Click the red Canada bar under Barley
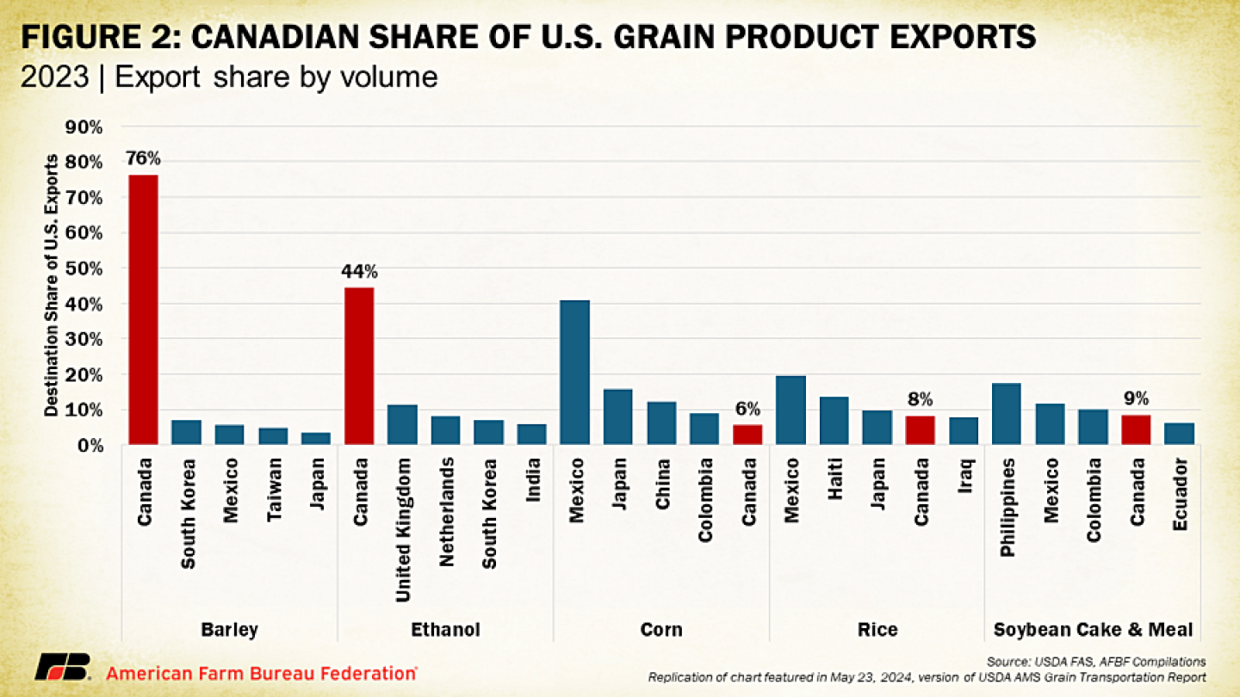pyautogui.click(x=143, y=310)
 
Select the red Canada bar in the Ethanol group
pyautogui.click(x=359, y=366)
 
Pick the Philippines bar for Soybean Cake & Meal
pyautogui.click(x=1007, y=414)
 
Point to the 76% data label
pyautogui.click(x=143, y=158)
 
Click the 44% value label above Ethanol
pyautogui.click(x=359, y=272)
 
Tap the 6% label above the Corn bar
pyautogui.click(x=747, y=410)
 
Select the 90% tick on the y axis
pyautogui.click(x=85, y=127)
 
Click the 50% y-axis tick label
pyautogui.click(x=85, y=268)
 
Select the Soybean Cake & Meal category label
pyautogui.click(x=1093, y=630)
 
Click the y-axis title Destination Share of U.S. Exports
pyautogui.click(x=53, y=286)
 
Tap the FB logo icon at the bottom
pyautogui.click(x=62, y=667)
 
